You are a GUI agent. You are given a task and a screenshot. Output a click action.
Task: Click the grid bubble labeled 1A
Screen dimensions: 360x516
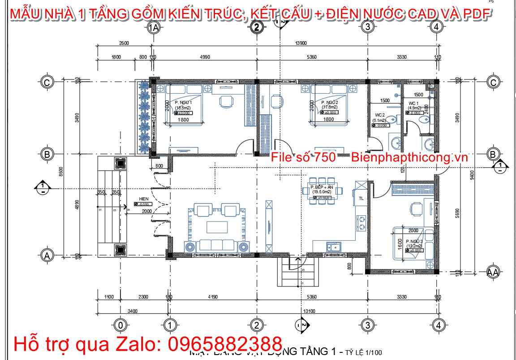coord(154,28)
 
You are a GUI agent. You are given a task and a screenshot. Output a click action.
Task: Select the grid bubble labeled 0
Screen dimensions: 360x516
coord(120,325)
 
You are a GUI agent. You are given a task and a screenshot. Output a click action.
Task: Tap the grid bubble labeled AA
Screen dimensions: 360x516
coord(493,272)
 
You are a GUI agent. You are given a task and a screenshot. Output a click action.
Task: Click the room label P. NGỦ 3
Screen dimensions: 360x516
coord(414,241)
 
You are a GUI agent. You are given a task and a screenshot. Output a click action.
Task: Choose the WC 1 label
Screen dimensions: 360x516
coord(413,103)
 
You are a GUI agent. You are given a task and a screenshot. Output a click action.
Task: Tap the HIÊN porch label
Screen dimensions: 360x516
coord(144,198)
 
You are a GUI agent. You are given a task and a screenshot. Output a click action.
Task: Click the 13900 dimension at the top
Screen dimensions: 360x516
coord(301,43)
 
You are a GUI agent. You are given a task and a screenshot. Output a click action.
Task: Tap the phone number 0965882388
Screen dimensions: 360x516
coord(224,344)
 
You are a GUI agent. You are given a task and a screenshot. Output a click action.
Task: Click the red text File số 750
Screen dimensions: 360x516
coord(303,157)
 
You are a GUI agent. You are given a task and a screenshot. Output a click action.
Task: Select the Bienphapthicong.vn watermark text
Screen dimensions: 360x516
coord(409,157)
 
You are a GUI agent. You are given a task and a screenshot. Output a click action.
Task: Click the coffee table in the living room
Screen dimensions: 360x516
coord(217,227)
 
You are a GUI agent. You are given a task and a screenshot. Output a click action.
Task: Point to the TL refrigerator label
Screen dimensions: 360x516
coord(361,198)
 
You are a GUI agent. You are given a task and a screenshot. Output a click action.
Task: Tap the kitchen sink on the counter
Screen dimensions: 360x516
coord(334,246)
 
